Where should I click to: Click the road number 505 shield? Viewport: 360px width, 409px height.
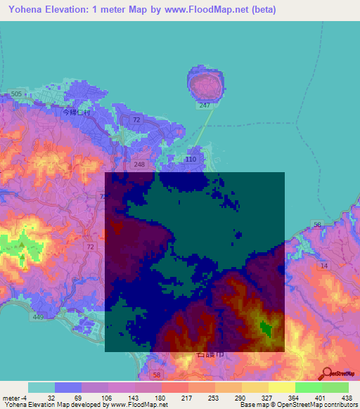[x=17, y=93]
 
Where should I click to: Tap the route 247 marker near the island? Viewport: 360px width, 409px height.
[x=205, y=105]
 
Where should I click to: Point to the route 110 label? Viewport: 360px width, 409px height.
[x=190, y=160]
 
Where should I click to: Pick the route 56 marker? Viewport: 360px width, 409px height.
[x=317, y=225]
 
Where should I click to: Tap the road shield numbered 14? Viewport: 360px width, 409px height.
[x=323, y=266]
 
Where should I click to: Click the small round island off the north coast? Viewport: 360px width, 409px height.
[x=205, y=84]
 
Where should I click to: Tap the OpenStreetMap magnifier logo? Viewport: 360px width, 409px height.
[x=328, y=374]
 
